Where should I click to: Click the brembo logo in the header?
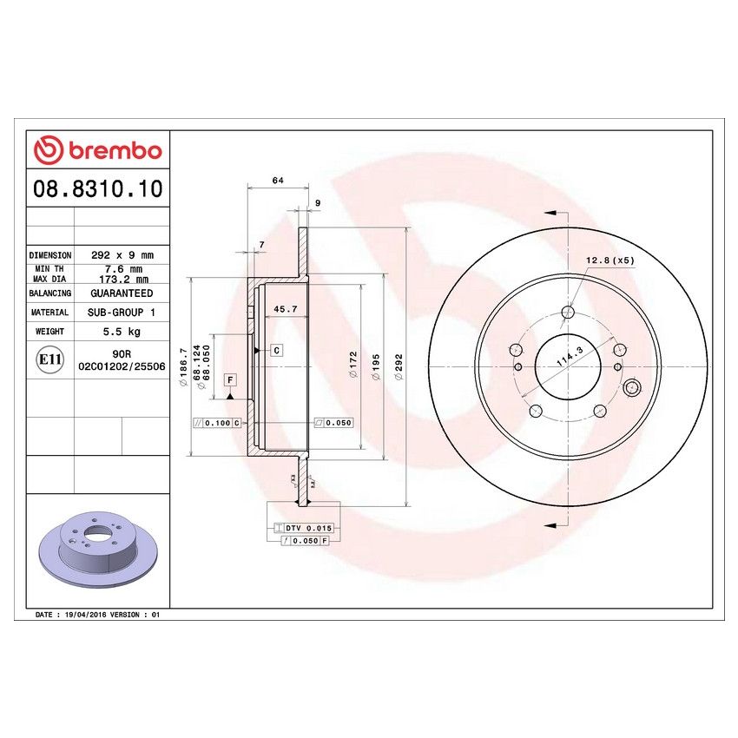click(x=98, y=150)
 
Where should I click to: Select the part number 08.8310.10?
click(x=98, y=189)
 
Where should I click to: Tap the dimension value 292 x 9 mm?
click(x=122, y=255)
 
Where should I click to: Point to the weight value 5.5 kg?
click(x=122, y=332)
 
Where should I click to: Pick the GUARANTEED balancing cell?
click(x=122, y=293)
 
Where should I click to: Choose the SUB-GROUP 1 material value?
click(x=122, y=312)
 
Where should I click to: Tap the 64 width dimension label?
click(x=278, y=181)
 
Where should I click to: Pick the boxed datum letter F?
click(x=231, y=379)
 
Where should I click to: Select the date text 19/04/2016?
click(x=85, y=614)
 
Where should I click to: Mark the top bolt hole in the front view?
click(x=569, y=313)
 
